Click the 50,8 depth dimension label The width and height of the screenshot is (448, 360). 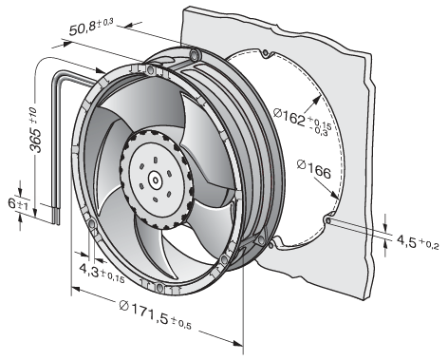pyautogui.click(x=91, y=27)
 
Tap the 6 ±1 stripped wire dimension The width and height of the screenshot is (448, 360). pyautogui.click(x=18, y=204)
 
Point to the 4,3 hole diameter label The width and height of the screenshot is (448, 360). pyautogui.click(x=102, y=273)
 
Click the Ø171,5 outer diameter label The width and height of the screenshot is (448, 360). pyautogui.click(x=156, y=314)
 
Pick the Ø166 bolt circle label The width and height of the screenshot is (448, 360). pyautogui.click(x=314, y=169)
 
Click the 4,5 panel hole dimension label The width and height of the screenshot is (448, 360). pyautogui.click(x=418, y=242)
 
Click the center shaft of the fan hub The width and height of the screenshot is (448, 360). pyautogui.click(x=156, y=180)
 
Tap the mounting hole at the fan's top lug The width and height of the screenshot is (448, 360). pyautogui.click(x=195, y=54)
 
